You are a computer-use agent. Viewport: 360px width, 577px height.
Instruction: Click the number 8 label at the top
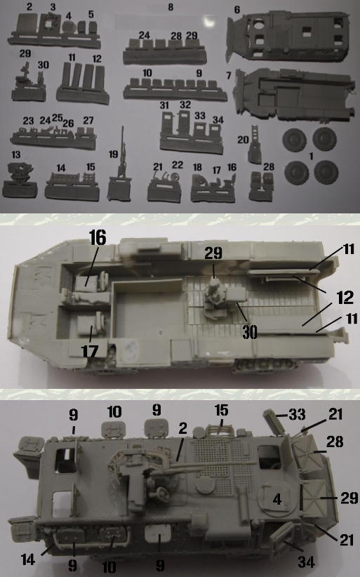(x=171, y=7)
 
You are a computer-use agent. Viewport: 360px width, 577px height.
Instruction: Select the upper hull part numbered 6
(x=287, y=36)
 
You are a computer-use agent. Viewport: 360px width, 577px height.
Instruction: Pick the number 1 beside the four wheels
(x=311, y=157)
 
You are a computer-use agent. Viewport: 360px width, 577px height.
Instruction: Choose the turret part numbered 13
(x=20, y=171)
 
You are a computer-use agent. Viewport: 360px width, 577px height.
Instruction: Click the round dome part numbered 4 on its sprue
(x=69, y=27)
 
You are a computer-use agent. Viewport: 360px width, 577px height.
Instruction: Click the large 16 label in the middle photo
(x=98, y=237)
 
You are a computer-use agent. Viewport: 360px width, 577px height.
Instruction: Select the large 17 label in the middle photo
(x=90, y=352)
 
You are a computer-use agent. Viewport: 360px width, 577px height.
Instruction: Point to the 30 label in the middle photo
(x=249, y=332)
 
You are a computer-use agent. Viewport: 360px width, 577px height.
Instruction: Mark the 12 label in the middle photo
(x=345, y=298)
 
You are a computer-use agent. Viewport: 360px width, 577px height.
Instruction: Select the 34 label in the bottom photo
(x=306, y=562)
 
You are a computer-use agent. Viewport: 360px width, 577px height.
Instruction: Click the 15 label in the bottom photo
(x=221, y=411)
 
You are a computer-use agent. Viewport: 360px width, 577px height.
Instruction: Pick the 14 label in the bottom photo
(x=28, y=559)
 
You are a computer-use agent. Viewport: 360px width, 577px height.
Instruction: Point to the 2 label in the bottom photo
(x=182, y=428)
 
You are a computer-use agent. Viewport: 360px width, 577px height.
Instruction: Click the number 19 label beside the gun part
(x=114, y=154)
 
